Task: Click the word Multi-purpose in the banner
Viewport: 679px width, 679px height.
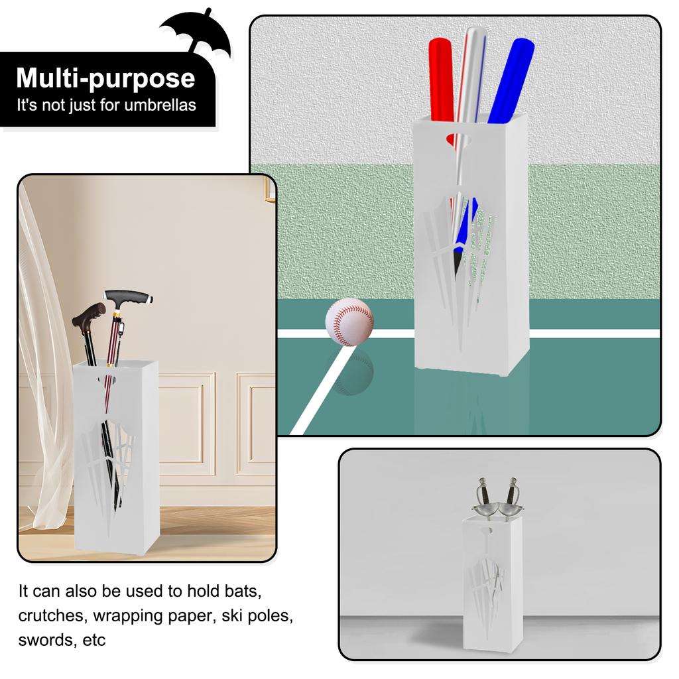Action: [105, 78]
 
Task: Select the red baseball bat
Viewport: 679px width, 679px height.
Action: [441, 80]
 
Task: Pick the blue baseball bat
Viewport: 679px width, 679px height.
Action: [512, 80]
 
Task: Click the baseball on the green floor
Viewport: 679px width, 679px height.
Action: [349, 322]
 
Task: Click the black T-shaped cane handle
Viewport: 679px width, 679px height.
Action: [127, 296]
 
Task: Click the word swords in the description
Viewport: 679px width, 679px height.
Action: [46, 641]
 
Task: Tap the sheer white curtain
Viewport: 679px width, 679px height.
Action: [43, 371]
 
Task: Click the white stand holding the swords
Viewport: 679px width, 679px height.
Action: [492, 584]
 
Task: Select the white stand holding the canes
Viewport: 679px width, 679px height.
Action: [117, 464]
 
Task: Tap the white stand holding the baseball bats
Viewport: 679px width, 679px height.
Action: [471, 265]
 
